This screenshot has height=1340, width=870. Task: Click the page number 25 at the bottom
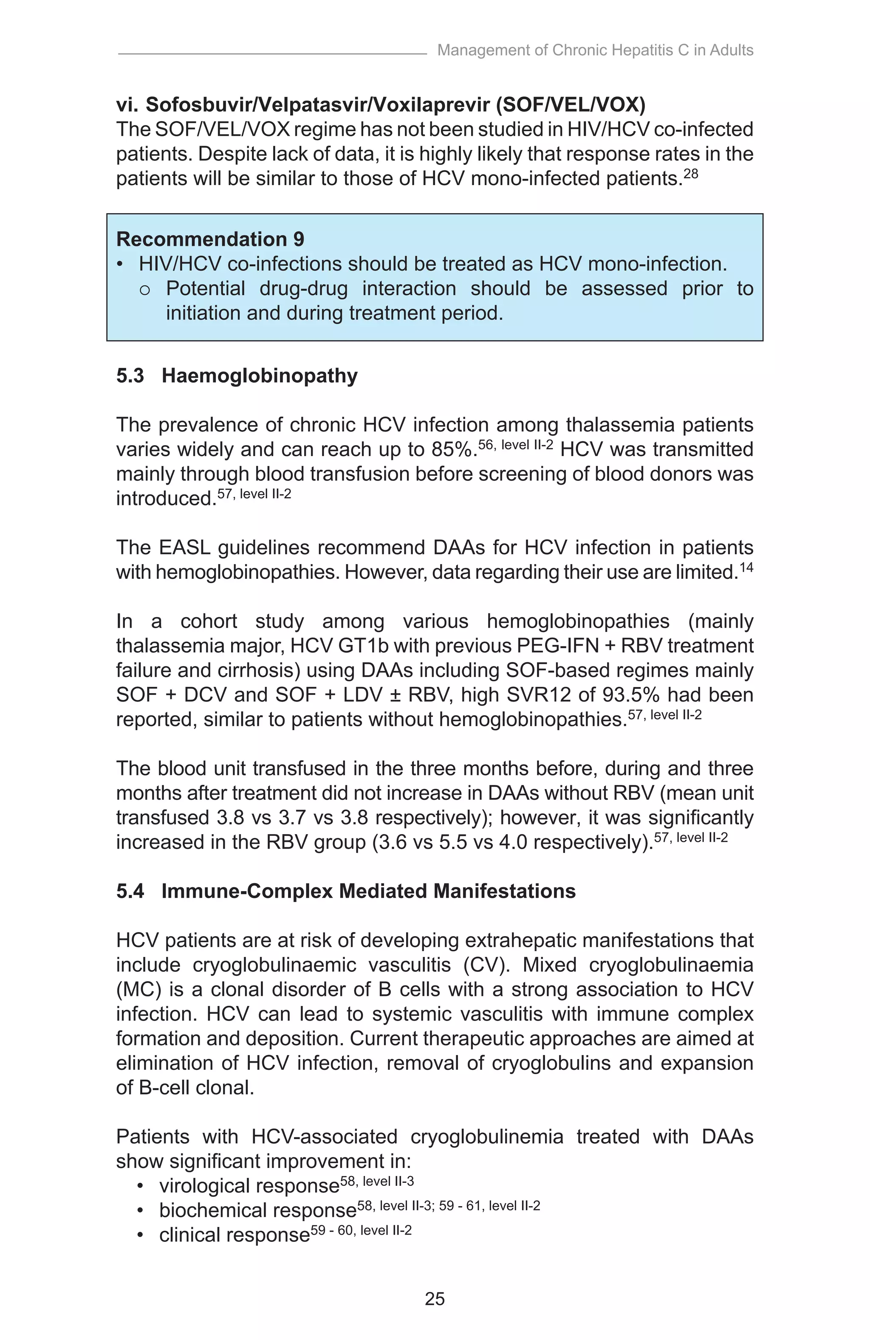[435, 1299]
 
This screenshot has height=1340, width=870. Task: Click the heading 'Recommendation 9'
[210, 239]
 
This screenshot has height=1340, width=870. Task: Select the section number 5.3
[130, 375]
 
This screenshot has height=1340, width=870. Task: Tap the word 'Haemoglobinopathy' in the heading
[260, 375]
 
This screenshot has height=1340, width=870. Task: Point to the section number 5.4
[130, 891]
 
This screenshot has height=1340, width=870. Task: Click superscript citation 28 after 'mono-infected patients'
[690, 174]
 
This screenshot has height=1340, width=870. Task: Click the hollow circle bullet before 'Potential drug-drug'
[145, 289]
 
